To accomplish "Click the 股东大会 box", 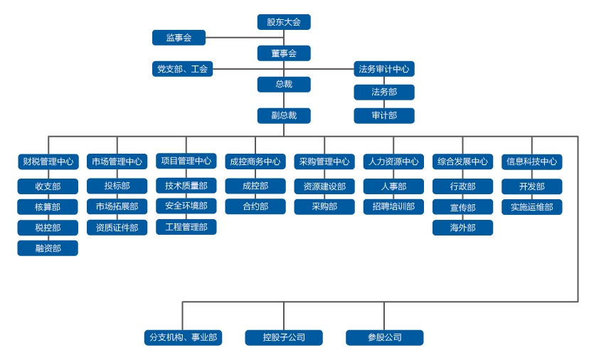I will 284,22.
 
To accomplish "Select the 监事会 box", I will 179,38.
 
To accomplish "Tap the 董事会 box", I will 284,53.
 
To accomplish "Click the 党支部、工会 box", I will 182,69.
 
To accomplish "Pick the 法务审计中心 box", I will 384,69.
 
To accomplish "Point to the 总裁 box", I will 284,85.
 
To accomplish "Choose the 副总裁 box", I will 284,115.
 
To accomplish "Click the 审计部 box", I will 384,115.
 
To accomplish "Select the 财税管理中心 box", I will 48,162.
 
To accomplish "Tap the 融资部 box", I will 48,248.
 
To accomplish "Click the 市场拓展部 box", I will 117,206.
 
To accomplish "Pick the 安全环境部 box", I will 186,206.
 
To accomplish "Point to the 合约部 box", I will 255,206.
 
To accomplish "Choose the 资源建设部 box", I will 324,186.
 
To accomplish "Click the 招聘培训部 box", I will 393,206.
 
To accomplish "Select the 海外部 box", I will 462,228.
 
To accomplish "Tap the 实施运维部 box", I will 531,207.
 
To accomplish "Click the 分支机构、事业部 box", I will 183,337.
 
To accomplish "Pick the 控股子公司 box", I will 284,337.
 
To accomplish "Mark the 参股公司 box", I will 384,337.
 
